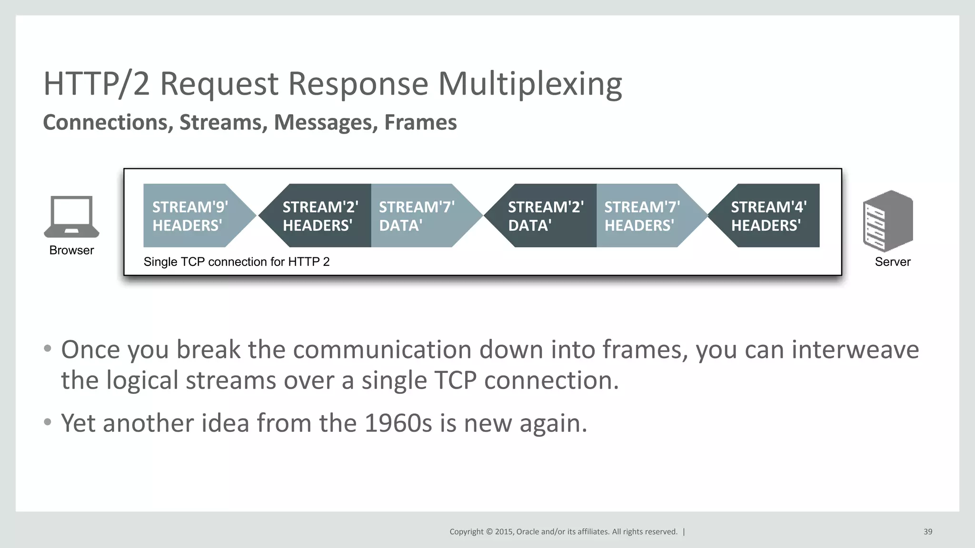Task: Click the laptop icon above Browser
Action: coord(71,216)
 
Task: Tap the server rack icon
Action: coord(888,221)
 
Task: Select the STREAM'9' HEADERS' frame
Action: coord(190,216)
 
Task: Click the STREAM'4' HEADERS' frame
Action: coord(769,216)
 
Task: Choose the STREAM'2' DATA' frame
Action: coord(546,216)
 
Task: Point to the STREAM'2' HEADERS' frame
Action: coord(320,216)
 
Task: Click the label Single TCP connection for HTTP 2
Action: coord(237,262)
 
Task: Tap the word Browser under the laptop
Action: coord(71,250)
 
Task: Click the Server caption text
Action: coord(893,262)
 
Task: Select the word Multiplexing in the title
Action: coord(530,84)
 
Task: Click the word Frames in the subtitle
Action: coord(420,122)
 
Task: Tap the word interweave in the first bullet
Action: coord(855,350)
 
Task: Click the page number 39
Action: coord(928,532)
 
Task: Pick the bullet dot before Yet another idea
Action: coord(47,422)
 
